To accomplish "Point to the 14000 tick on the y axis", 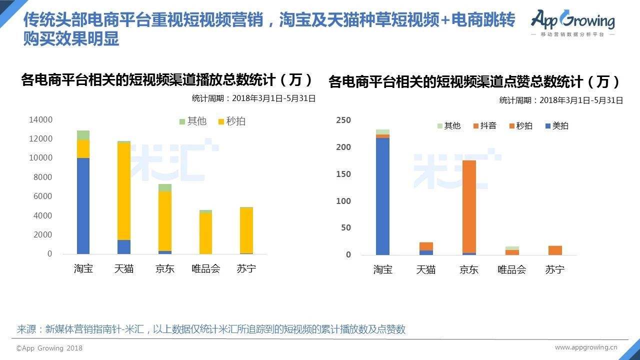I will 41,119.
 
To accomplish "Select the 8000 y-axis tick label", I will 43,177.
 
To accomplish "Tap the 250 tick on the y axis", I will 343,120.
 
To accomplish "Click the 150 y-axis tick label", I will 343,174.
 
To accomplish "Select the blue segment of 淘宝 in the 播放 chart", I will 83,206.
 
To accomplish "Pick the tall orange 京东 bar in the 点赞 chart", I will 469,206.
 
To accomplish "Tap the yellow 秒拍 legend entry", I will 231,121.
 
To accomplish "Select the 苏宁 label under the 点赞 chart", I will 555,269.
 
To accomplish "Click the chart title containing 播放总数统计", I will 167,80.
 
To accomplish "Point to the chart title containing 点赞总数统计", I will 474,81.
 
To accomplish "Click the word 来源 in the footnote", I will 27,329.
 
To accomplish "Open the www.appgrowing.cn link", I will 586,347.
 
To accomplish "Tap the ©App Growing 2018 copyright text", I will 49,348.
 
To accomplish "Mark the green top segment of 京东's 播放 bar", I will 165,187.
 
